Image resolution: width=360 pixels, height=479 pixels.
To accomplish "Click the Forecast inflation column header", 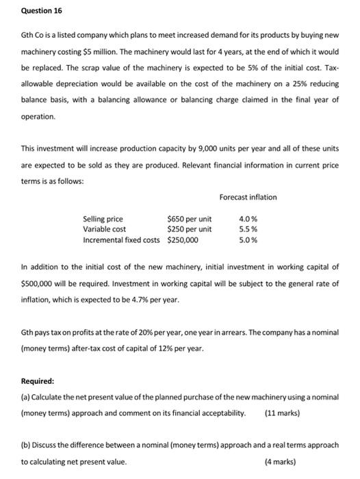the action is click(248, 197).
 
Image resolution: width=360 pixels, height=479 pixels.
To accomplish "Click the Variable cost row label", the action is click(104, 229).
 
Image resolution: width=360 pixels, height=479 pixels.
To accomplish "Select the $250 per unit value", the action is click(189, 229).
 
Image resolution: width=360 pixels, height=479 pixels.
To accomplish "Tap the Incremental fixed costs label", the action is click(121, 239).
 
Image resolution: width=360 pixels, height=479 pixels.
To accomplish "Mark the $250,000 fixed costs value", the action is click(183, 239).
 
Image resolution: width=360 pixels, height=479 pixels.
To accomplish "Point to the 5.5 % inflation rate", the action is click(248, 229).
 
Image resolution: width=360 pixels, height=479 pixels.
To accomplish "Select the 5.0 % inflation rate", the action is click(248, 239).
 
